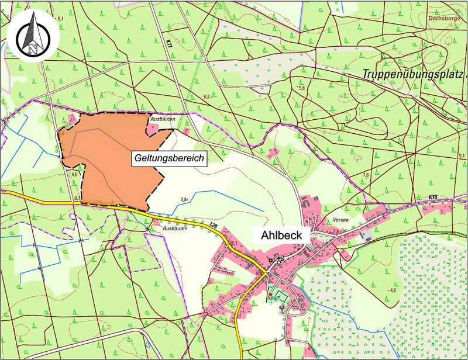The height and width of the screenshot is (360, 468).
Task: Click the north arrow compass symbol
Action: coord(33,37)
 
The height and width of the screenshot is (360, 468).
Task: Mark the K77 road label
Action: coord(169,43)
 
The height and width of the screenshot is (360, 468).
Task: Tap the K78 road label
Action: coord(433,197)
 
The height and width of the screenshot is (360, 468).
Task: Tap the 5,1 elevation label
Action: coord(60,19)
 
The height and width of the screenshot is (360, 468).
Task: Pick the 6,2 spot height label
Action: coord(207,96)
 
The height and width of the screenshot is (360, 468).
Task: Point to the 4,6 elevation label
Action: coord(74,174)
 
